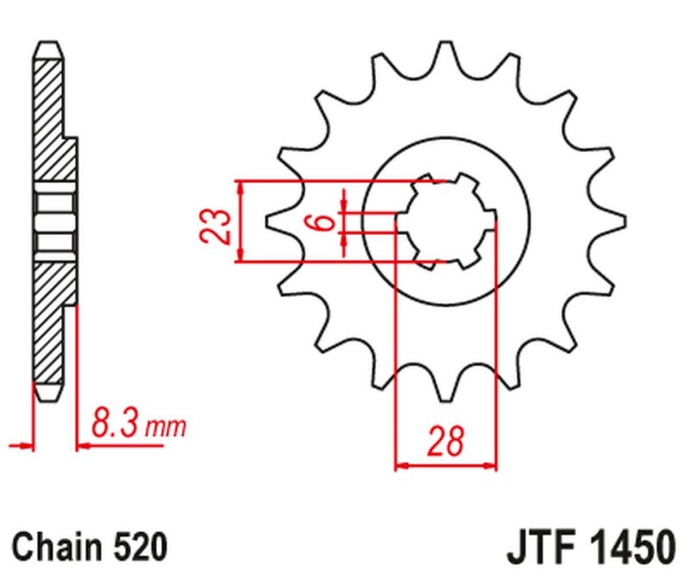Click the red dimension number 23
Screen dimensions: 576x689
220,223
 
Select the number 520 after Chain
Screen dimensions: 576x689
138,547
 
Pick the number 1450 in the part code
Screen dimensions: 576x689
631,547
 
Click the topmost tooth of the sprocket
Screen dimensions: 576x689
444,53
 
